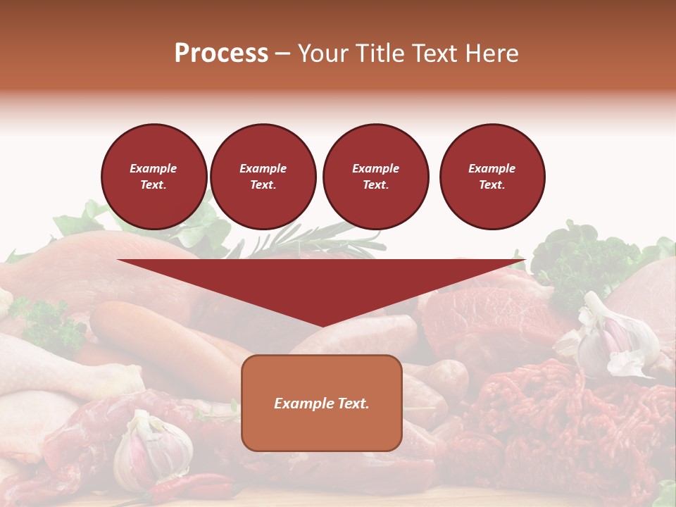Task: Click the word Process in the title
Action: [221, 54]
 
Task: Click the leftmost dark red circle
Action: [154, 176]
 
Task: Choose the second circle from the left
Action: [263, 176]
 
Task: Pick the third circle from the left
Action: [375, 176]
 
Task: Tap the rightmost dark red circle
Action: [492, 176]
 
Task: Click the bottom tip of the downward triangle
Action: [322, 325]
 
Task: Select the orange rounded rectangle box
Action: [321, 423]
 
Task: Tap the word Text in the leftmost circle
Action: [153, 185]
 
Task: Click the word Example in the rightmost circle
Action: [492, 168]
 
